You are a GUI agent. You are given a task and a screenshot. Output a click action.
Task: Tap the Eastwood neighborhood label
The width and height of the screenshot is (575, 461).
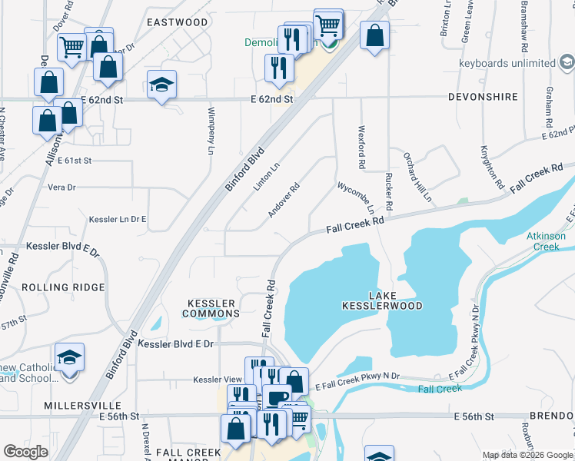point(178,22)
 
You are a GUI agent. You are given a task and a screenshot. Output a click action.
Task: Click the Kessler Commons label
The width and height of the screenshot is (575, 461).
point(211,308)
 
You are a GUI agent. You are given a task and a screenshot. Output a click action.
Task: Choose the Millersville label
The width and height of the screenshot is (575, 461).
point(83,405)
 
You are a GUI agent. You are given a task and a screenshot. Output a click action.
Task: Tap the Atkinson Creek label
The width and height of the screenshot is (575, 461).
point(550,241)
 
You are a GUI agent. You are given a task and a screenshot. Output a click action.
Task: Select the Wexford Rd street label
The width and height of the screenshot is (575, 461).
point(361,148)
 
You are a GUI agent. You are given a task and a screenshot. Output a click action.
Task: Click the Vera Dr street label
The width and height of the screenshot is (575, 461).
point(61,187)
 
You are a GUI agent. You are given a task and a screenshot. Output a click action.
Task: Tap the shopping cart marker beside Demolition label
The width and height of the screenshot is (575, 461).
point(328,25)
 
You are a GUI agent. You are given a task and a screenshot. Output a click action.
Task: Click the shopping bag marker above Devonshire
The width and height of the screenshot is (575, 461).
point(374,36)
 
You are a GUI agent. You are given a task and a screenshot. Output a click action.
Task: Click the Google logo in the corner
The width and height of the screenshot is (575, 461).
point(25,452)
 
